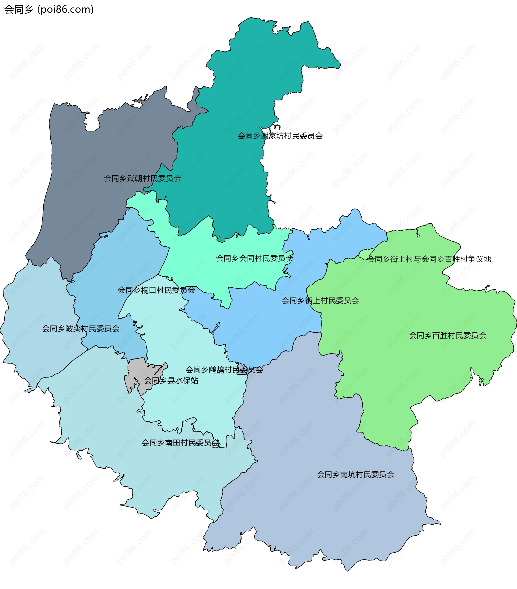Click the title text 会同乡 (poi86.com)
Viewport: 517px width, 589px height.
point(49,9)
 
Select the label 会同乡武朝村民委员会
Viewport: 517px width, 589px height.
point(142,178)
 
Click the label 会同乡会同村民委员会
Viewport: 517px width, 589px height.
point(254,258)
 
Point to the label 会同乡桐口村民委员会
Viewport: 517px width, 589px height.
point(156,290)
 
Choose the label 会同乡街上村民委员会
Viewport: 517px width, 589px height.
point(320,301)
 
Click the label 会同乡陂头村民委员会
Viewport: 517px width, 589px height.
point(81,329)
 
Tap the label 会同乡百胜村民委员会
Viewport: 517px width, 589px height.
point(448,335)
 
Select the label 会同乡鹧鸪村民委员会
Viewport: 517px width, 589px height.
point(224,370)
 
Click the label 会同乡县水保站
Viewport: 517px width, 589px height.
point(171,381)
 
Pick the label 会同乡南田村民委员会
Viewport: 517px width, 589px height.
point(180,442)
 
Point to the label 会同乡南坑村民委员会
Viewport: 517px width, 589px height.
point(355,474)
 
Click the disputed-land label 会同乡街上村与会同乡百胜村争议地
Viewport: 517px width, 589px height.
point(429,259)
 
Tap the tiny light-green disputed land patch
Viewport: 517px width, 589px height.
point(365,255)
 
